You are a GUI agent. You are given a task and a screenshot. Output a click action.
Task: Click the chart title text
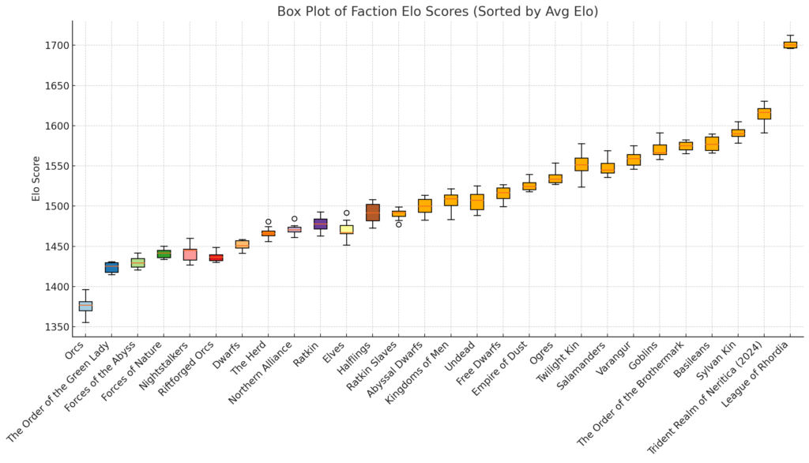pos(438,12)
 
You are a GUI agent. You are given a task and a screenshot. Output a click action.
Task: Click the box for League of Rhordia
pos(790,45)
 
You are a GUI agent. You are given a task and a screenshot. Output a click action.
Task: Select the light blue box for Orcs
pos(85,306)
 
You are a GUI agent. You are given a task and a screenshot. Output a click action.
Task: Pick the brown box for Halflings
pos(373,213)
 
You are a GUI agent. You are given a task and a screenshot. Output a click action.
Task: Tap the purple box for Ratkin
pos(321,224)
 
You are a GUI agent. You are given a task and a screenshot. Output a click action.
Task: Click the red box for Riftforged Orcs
pos(216,258)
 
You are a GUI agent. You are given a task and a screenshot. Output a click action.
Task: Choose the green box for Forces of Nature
pos(164,254)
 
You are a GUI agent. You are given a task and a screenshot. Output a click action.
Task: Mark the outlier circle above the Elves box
pos(347,213)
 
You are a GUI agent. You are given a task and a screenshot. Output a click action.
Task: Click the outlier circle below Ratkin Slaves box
pos(398,224)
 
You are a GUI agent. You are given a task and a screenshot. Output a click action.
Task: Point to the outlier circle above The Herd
pos(269,222)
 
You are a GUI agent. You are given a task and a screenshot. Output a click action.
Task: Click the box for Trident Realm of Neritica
pos(764,114)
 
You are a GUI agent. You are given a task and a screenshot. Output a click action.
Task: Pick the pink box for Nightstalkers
pos(190,254)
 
